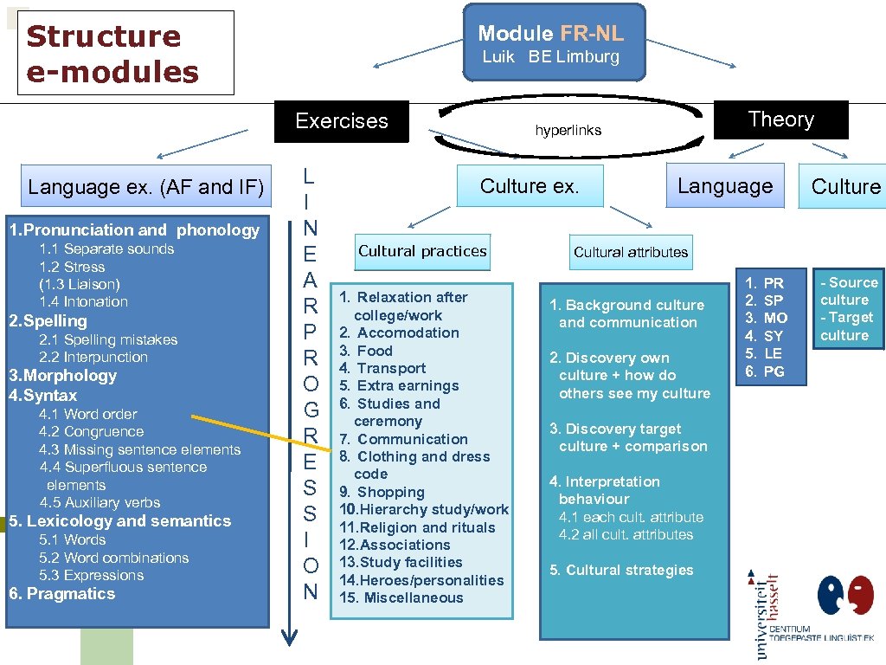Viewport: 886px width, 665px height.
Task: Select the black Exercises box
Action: [x=342, y=121]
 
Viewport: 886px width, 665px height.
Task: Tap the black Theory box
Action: [x=780, y=119]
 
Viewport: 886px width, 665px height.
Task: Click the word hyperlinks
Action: [x=568, y=131]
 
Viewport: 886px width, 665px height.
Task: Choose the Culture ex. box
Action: [x=530, y=186]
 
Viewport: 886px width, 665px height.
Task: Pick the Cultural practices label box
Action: [x=422, y=251]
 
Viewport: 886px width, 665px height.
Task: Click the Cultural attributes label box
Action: [x=631, y=252]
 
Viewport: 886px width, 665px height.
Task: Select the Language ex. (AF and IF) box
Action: [x=145, y=187]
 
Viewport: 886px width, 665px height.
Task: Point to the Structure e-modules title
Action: [x=112, y=53]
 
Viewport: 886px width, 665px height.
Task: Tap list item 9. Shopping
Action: [x=382, y=492]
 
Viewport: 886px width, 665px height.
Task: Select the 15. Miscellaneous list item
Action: [x=401, y=597]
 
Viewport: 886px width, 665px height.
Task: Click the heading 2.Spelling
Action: [x=48, y=320]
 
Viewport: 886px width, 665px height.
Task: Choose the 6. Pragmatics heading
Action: [x=61, y=593]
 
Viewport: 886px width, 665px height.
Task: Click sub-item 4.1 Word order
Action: [x=87, y=414]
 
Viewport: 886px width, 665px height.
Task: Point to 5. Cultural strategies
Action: [x=621, y=570]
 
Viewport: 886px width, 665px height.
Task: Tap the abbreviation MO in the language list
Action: [x=775, y=318]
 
